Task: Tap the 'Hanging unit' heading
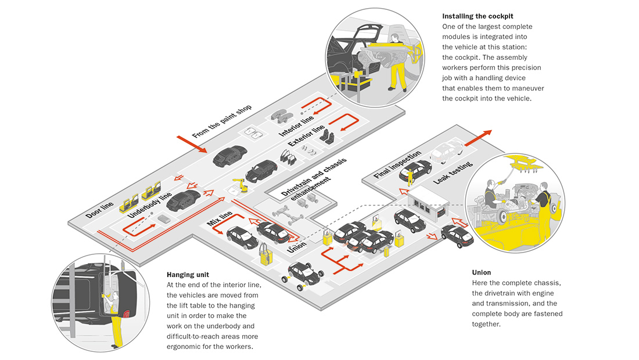click(x=188, y=274)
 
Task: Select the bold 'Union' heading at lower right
click(x=482, y=272)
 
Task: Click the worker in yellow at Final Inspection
click(x=411, y=176)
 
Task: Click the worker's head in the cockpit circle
click(x=394, y=39)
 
